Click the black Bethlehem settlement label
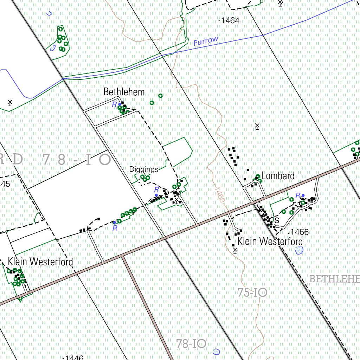pos(124,92)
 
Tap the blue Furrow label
pos(206,41)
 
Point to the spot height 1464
pos(230,21)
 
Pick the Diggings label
pos(144,169)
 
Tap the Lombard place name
pos(278,176)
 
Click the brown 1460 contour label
pos(219,194)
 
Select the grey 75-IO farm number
pos(252,292)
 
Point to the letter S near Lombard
pos(277,220)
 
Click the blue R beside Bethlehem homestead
pos(114,104)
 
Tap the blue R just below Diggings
pos(156,189)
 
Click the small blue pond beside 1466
pos(299,250)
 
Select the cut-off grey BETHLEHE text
pos(334,279)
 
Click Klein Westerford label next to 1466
pos(270,242)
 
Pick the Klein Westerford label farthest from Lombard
pos(40,262)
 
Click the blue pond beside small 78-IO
pos(216,351)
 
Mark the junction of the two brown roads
pos(123,257)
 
